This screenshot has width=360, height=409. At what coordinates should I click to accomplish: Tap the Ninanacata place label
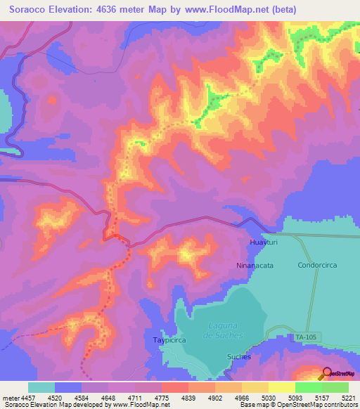click(x=254, y=266)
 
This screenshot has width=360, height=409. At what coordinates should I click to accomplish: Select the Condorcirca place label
click(x=316, y=266)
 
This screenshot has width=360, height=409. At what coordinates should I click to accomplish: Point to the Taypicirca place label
click(x=167, y=340)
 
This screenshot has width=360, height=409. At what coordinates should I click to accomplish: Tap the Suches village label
click(x=238, y=356)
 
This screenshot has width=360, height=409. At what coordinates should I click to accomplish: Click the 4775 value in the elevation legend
click(x=162, y=397)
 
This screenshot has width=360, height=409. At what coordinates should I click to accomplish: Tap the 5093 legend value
click(x=295, y=397)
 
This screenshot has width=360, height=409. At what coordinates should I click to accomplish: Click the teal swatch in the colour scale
click(x=41, y=387)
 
